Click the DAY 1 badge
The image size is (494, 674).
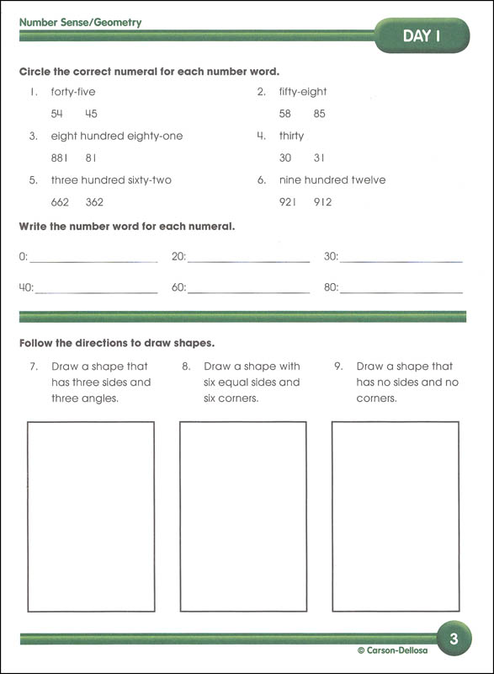pos(422,35)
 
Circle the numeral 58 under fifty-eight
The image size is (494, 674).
pos(285,114)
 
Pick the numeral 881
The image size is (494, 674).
pos(60,158)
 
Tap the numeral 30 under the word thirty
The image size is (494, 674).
pos(285,158)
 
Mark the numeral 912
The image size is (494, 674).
pos(323,202)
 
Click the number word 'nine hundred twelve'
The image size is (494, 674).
pos(332,180)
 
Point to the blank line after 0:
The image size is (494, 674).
pos(93,259)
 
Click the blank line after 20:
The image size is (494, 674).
pos(248,259)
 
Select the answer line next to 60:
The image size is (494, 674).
pos(248,290)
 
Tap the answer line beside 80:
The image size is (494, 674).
pos(401,290)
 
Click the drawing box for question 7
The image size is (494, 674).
pos(91,516)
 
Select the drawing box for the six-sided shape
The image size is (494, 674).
pos(243,516)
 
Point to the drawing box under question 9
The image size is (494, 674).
pos(395,516)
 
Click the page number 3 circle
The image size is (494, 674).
pos(454,639)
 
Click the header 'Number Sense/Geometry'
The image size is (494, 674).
pos(81,23)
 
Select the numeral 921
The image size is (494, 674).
pos(289,202)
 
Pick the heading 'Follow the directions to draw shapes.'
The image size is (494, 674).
pos(117,343)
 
